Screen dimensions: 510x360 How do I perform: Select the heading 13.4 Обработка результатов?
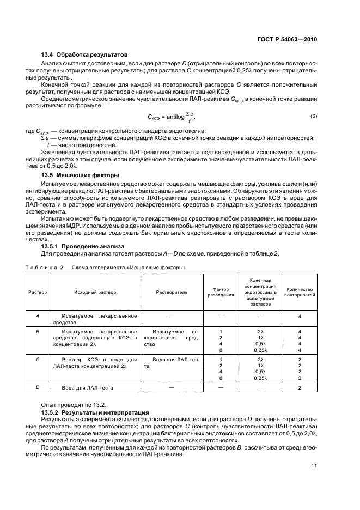[x=84, y=55]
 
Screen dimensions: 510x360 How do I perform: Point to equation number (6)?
[x=313, y=117]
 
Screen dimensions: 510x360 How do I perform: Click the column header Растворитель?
[x=172, y=292]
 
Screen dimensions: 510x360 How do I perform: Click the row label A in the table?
[x=37, y=317]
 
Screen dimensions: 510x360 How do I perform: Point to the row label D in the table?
[x=37, y=387]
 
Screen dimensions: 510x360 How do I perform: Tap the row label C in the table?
[x=37, y=360]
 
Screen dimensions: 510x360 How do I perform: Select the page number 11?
[x=314, y=465]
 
